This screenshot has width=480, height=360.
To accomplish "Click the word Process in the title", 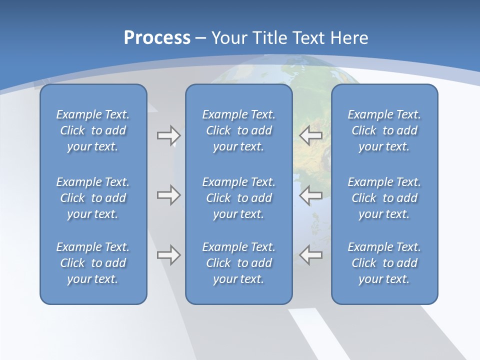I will click(157, 38).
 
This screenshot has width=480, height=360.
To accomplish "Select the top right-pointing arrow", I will click(168, 135).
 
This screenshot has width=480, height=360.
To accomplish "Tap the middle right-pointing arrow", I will click(168, 195).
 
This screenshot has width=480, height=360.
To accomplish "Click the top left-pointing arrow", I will click(311, 135).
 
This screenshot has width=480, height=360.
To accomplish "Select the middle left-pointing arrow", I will click(311, 195).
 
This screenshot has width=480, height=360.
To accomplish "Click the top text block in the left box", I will click(93, 130).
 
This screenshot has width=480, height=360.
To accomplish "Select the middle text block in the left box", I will click(93, 198).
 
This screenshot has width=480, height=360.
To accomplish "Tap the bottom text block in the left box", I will click(93, 263).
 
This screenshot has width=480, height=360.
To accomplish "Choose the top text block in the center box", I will click(238, 130).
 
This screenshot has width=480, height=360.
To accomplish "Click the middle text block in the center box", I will click(238, 198).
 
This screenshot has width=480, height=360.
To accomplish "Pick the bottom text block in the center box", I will click(238, 263).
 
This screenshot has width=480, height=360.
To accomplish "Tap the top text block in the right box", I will click(384, 130).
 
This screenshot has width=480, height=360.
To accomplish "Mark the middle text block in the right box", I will click(384, 198).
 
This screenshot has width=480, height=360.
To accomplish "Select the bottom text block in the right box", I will click(384, 263).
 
